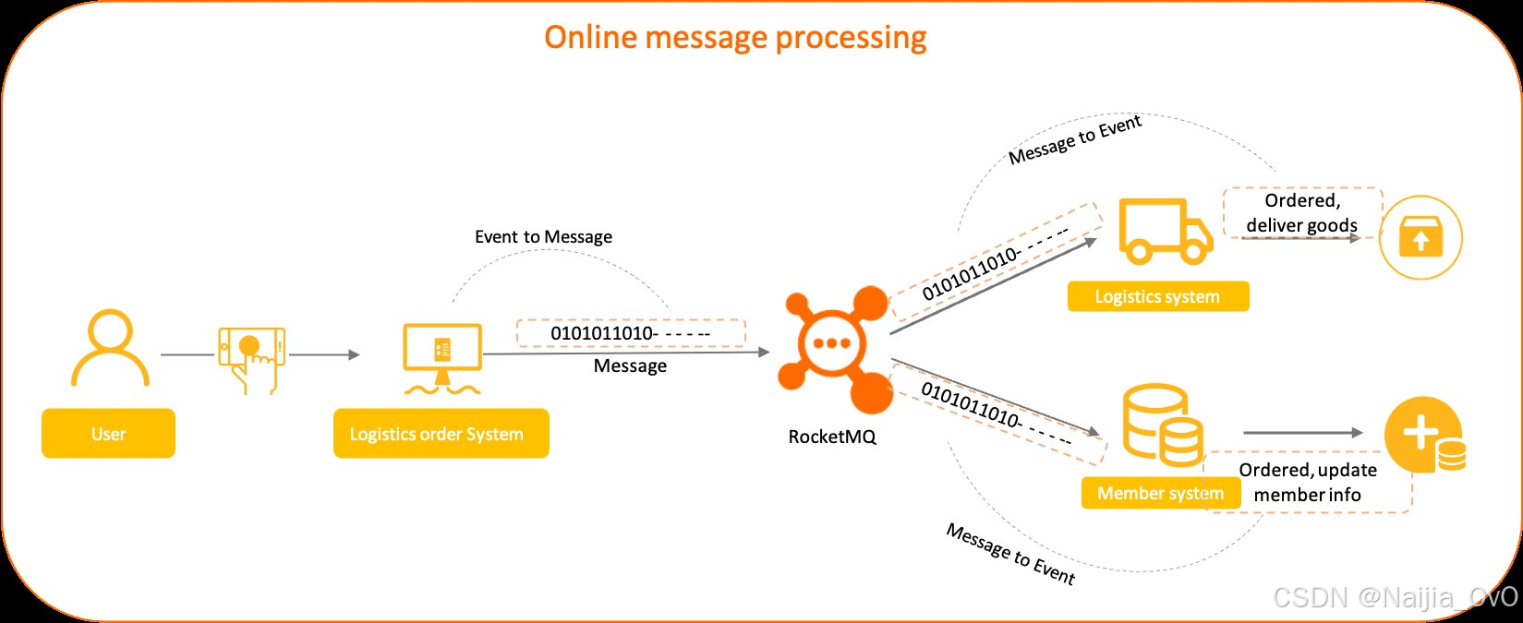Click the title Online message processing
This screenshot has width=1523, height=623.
(x=735, y=38)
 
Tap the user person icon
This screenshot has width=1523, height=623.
(x=110, y=349)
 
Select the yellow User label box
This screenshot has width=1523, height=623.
(x=108, y=434)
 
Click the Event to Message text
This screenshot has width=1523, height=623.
(x=543, y=237)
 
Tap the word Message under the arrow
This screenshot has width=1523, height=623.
(x=630, y=366)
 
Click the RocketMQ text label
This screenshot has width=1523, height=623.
(x=831, y=437)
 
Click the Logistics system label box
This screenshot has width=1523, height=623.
(x=1157, y=297)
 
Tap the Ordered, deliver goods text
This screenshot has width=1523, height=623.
(x=1301, y=213)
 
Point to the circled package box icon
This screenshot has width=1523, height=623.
(x=1420, y=237)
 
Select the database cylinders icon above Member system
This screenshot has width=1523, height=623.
(x=1162, y=426)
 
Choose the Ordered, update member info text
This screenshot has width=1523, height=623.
(x=1307, y=483)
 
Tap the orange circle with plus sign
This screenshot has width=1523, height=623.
(x=1423, y=434)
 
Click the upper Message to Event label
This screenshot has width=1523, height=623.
(x=1075, y=140)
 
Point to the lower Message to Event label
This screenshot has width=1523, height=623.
(x=1010, y=555)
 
